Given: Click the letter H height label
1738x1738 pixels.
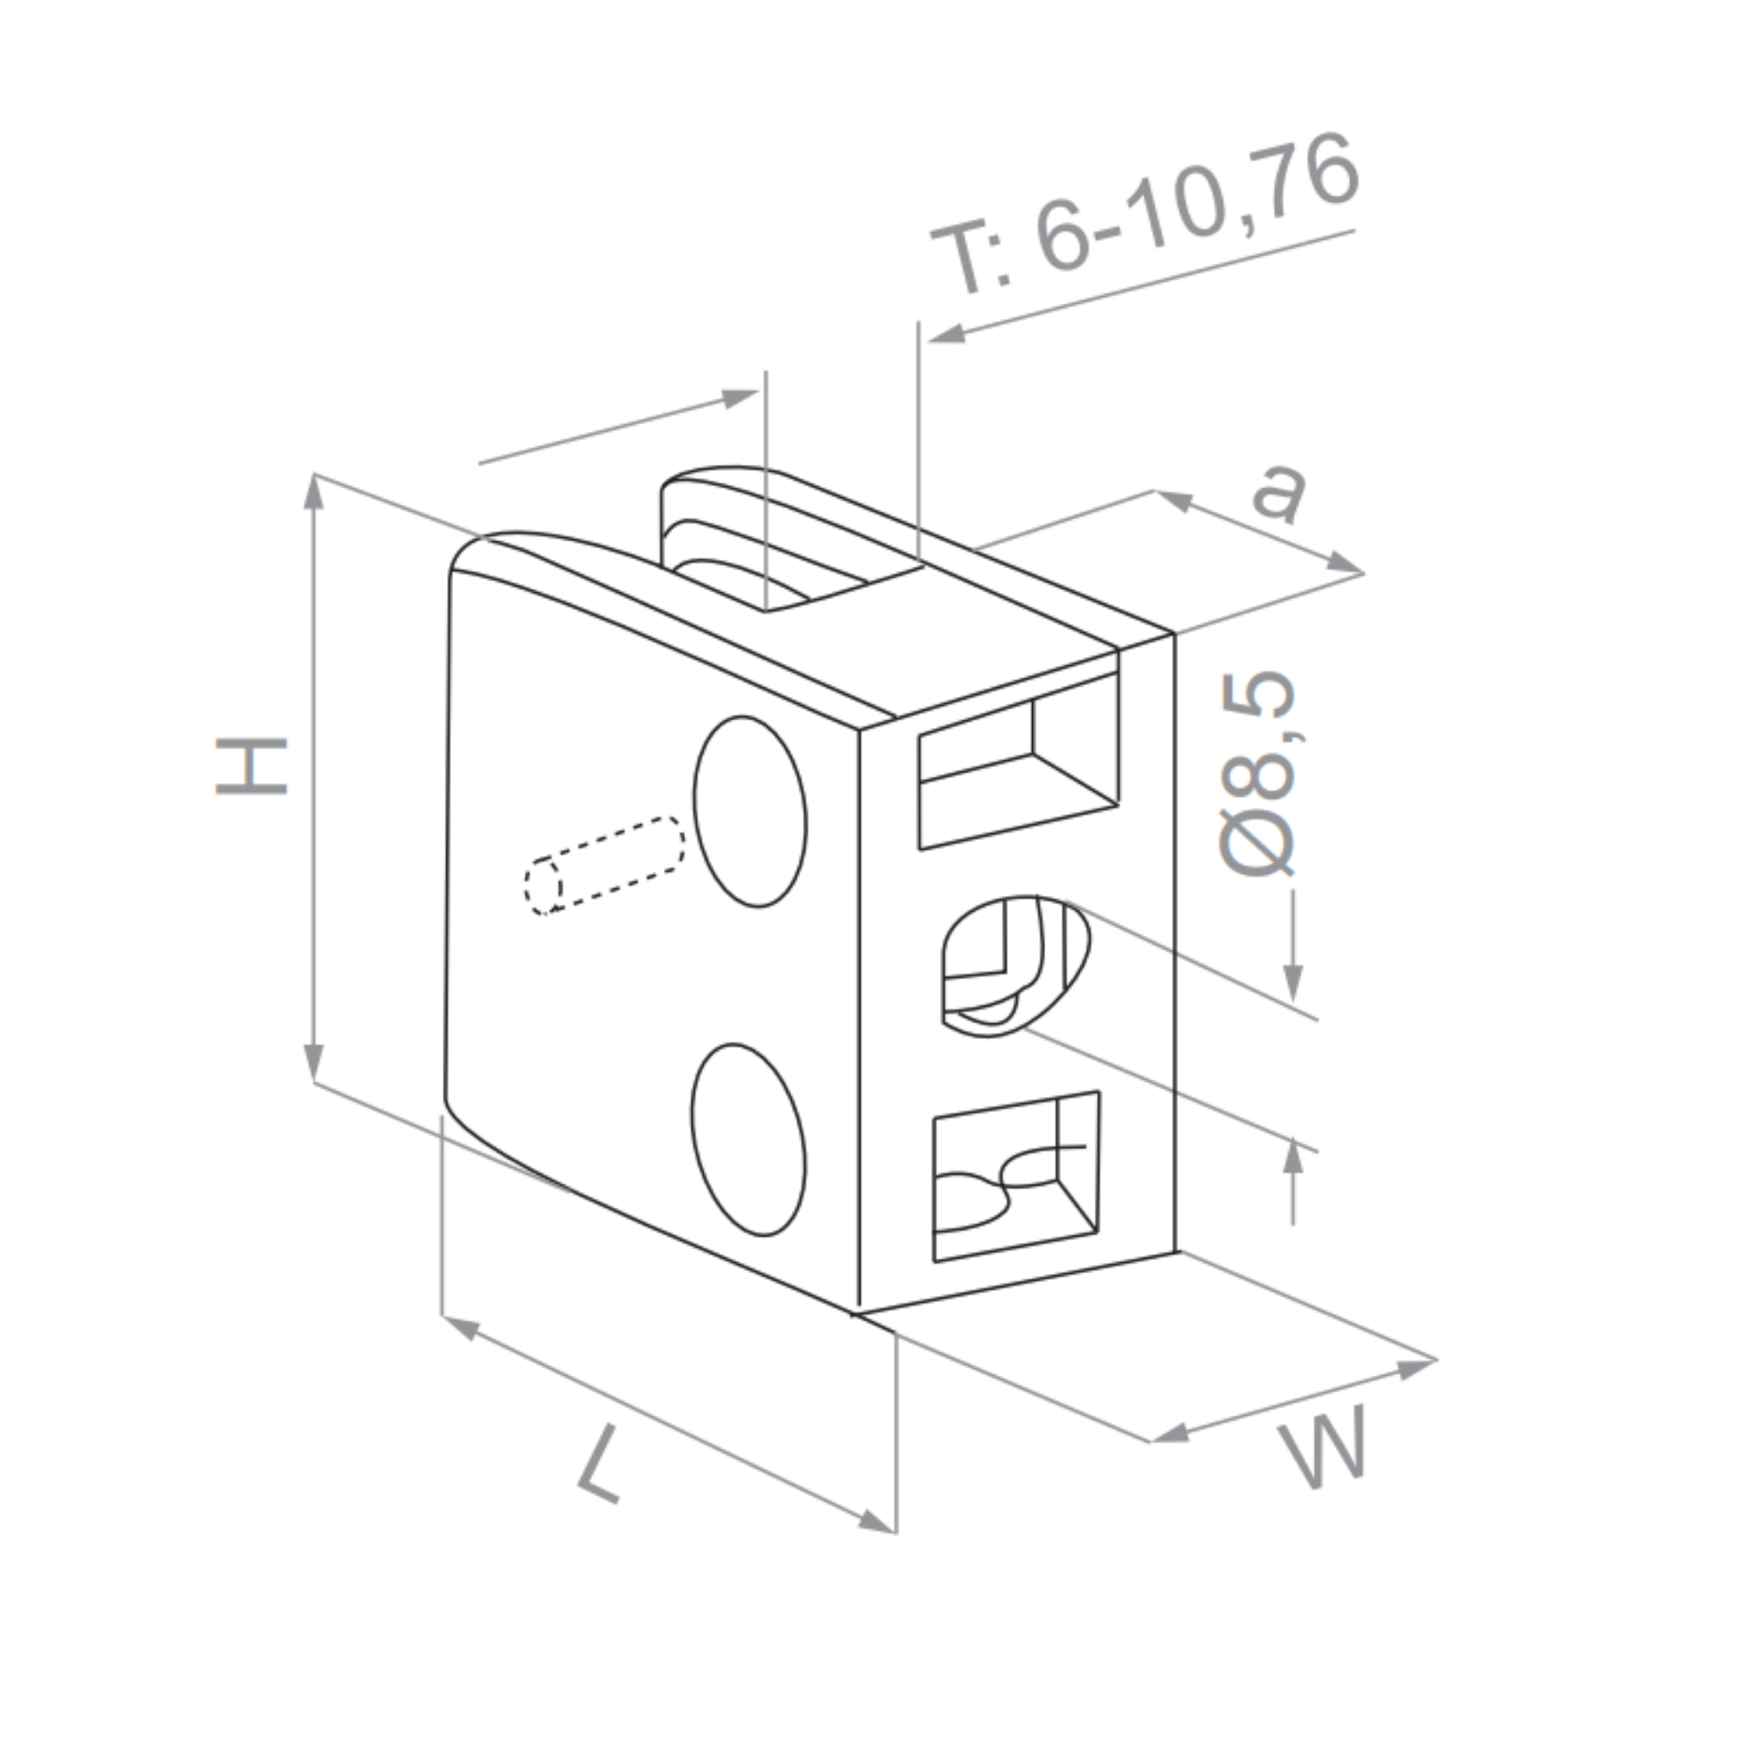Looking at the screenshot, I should coord(251,765).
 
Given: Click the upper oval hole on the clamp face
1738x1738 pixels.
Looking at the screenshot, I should coord(749,811).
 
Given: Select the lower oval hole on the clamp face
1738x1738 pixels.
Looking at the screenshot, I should coord(748,1140).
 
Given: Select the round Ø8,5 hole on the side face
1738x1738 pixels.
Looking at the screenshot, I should coord(1014,965).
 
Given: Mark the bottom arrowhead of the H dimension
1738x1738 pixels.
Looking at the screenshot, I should coord(314,1063).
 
